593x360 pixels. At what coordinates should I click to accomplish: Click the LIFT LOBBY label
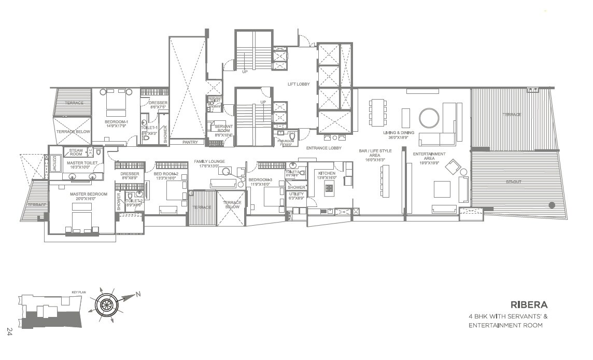pyautogui.click(x=299, y=84)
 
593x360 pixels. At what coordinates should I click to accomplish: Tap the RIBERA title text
pyautogui.click(x=529, y=304)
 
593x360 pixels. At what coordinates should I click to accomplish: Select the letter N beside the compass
pyautogui.click(x=138, y=294)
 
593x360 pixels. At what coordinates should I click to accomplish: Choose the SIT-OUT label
pyautogui.click(x=514, y=182)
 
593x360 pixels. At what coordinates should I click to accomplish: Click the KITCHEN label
pyautogui.click(x=327, y=173)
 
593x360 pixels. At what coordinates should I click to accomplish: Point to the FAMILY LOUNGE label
pyautogui.click(x=209, y=161)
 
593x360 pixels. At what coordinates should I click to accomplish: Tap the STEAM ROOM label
pyautogui.click(x=76, y=152)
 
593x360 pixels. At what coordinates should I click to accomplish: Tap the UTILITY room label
pyautogui.click(x=296, y=194)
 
